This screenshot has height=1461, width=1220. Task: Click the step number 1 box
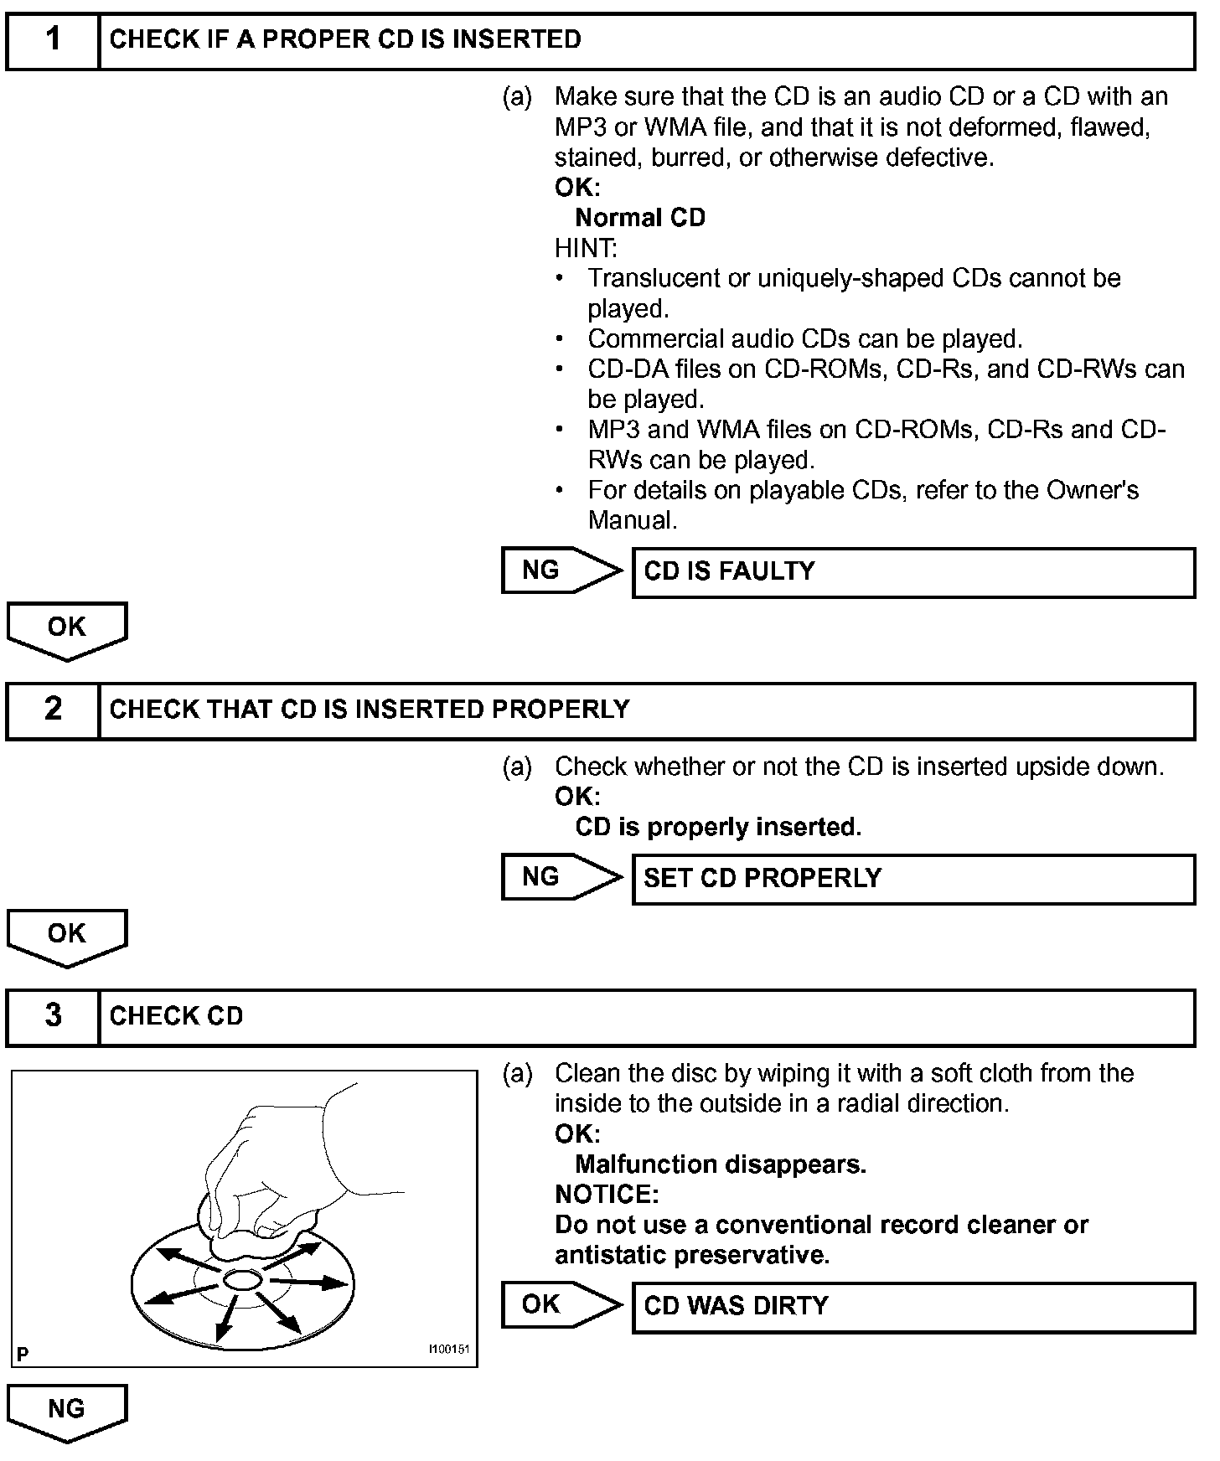click(x=53, y=39)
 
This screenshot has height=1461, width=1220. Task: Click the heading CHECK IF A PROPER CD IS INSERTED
click(x=345, y=39)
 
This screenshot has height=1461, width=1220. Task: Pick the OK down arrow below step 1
click(x=67, y=629)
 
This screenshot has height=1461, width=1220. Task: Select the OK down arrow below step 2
click(x=67, y=936)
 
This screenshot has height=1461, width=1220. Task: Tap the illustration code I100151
click(x=448, y=1350)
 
